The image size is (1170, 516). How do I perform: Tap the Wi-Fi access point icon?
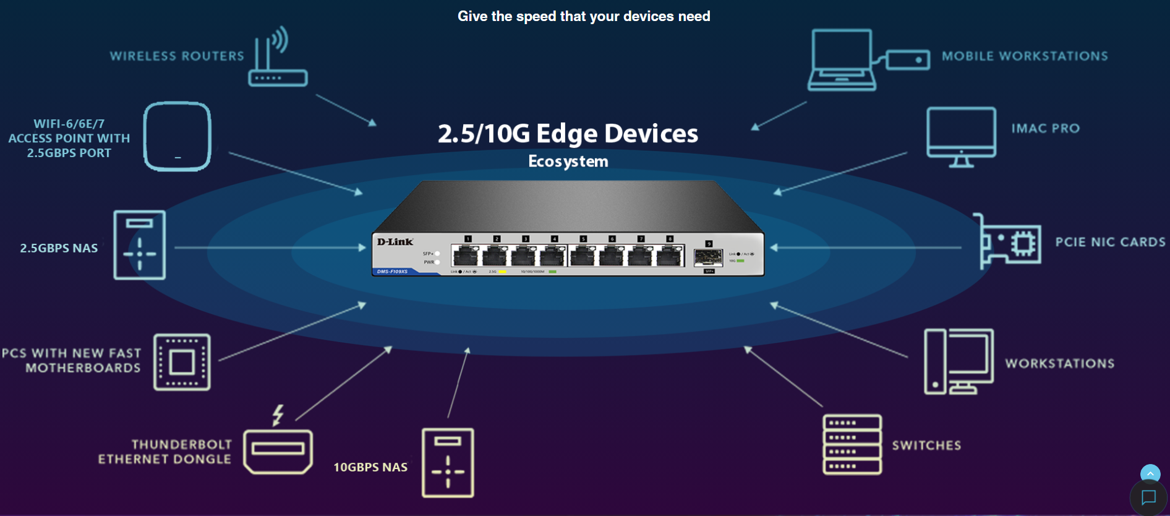pos(177,136)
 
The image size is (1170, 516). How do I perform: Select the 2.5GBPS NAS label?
pos(59,248)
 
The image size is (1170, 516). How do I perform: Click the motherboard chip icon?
pos(182,362)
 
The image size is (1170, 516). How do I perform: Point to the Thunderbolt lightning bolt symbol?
pos(278,415)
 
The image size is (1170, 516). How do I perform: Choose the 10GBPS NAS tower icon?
pos(448,463)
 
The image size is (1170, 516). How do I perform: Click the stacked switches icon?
pos(852,445)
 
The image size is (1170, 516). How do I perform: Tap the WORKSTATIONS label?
pos(1059,364)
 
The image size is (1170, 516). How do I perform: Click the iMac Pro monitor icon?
pos(961,137)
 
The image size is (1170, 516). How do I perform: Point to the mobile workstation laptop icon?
pos(842,60)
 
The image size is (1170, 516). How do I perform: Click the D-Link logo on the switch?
pos(395,242)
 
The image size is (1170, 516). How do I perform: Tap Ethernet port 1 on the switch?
pos(465,255)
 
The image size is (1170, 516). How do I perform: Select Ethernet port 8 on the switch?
pos(669,255)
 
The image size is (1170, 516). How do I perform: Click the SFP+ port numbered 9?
pos(708,257)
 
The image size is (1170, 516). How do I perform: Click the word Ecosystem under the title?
pos(568,161)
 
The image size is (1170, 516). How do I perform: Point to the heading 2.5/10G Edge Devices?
pos(568,134)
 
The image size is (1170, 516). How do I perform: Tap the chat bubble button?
pos(1148,497)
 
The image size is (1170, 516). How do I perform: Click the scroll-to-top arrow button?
pos(1150,473)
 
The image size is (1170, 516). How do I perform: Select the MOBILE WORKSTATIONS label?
pos(1025,56)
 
